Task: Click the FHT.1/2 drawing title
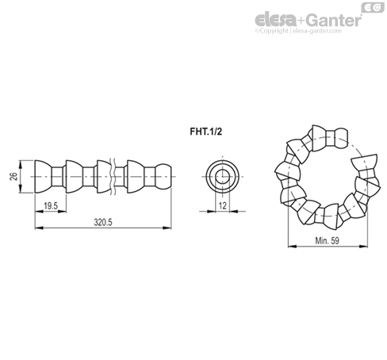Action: (x=206, y=132)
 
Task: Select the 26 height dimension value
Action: (x=13, y=176)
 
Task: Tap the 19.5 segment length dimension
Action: (x=51, y=206)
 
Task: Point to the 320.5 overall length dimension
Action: (x=103, y=222)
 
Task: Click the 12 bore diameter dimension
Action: (x=223, y=205)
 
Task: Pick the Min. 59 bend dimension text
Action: (x=327, y=241)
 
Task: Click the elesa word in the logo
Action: (x=276, y=19)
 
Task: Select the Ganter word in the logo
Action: (x=334, y=20)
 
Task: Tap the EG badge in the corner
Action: (x=373, y=7)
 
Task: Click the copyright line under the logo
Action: (x=298, y=31)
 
